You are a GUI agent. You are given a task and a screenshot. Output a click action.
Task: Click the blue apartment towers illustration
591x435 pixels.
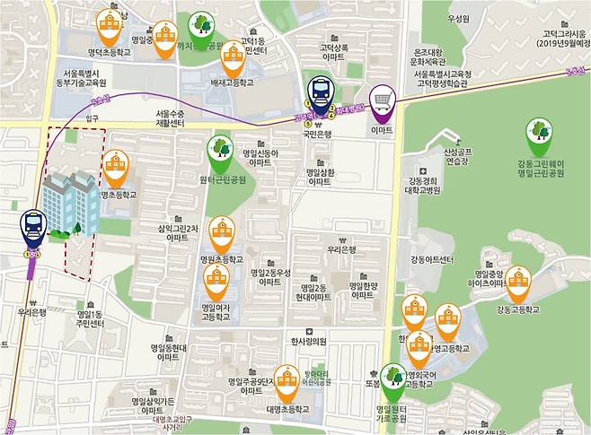[70, 201]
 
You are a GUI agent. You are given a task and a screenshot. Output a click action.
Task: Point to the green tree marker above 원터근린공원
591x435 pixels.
[219, 149]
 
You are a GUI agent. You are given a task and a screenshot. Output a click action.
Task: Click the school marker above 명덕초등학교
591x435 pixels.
[110, 25]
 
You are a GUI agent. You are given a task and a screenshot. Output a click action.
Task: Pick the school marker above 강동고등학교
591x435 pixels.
[517, 282]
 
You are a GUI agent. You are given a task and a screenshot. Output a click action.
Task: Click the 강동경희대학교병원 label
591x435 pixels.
[430, 185]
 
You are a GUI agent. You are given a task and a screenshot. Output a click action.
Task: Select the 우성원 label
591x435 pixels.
[458, 19]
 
